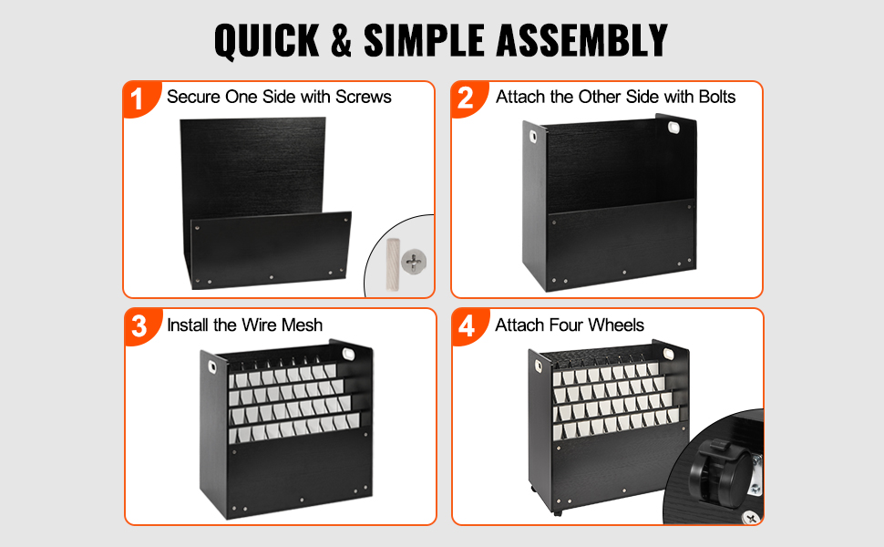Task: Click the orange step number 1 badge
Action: (x=138, y=98)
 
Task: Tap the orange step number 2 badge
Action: (x=466, y=98)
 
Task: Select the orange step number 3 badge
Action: (x=139, y=326)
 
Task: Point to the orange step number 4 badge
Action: (x=467, y=326)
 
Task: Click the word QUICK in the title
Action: (x=267, y=41)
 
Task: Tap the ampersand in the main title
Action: (x=342, y=40)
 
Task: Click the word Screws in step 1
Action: (x=363, y=97)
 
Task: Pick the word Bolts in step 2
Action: (x=716, y=97)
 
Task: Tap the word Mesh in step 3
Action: (x=302, y=325)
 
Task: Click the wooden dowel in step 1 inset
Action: (x=393, y=264)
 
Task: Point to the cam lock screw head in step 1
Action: (x=414, y=261)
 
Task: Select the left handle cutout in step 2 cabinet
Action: (x=533, y=137)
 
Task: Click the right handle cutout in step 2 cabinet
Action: (x=674, y=127)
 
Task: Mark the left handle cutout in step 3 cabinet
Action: (x=212, y=367)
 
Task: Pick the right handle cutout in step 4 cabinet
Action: (x=669, y=354)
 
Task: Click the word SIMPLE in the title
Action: (x=424, y=40)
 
